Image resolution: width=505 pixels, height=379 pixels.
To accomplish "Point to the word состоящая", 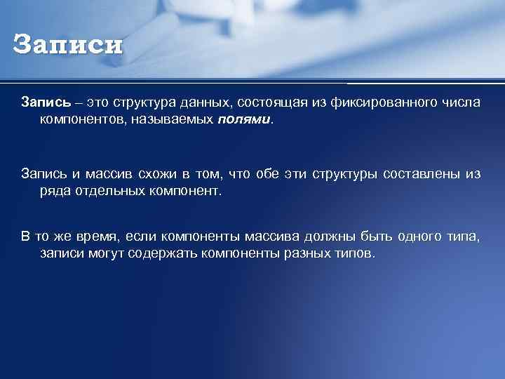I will click(267, 103).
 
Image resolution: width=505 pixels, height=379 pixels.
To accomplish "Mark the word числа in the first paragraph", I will click(462, 103).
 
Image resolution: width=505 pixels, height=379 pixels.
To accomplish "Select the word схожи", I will click(170, 174).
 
